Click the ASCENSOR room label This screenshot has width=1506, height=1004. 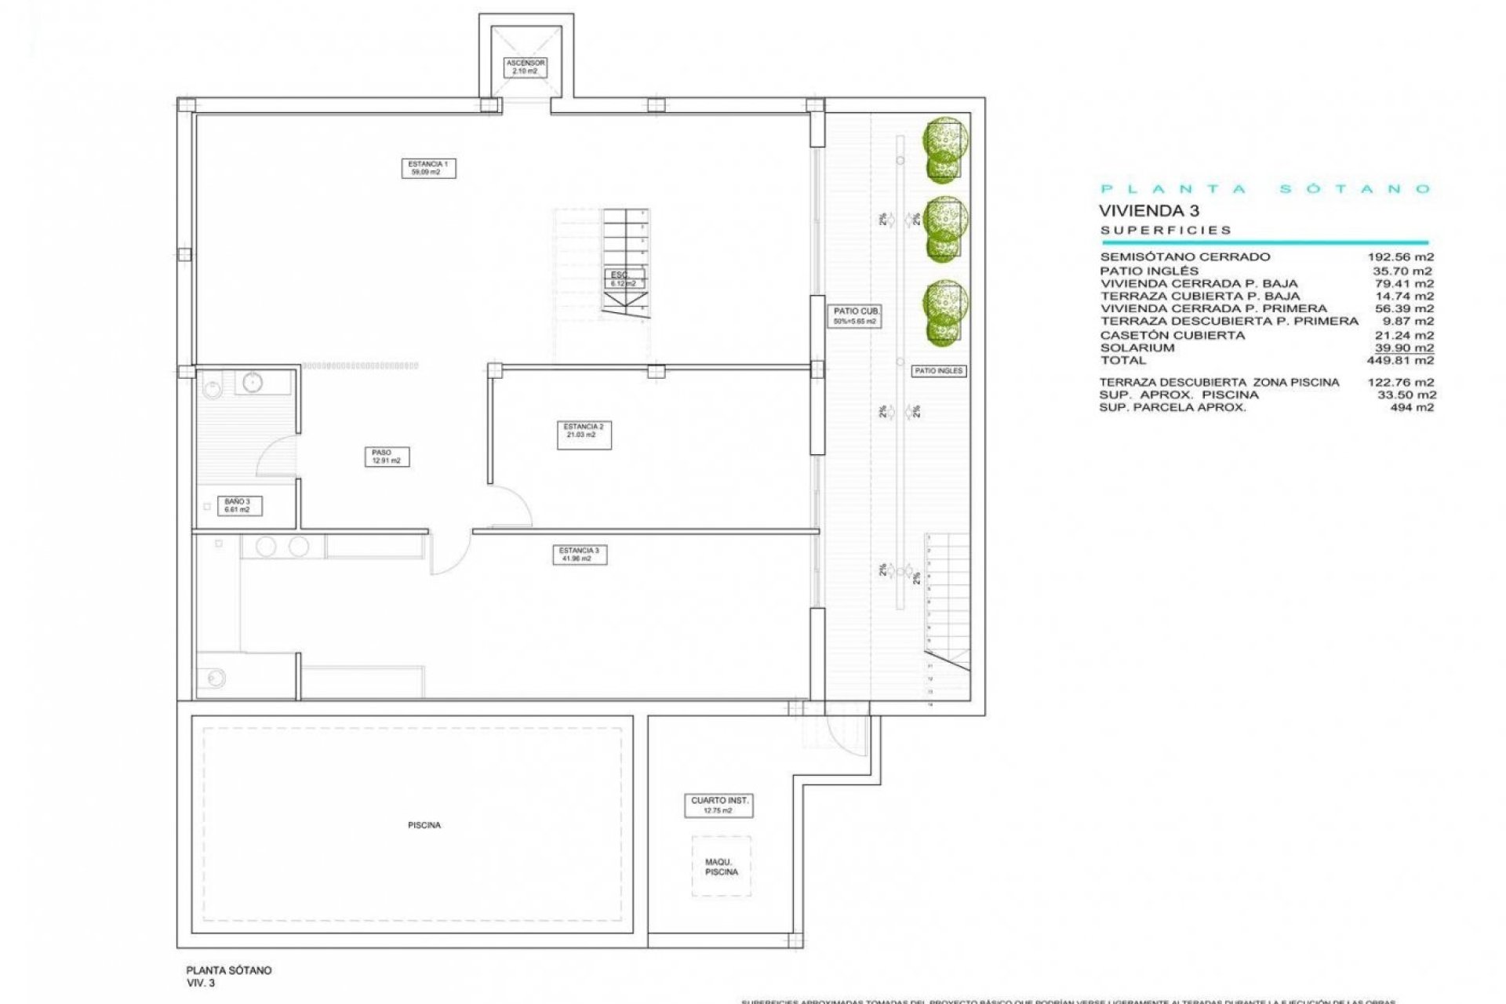pyautogui.click(x=525, y=67)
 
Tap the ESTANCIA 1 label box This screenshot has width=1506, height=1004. pyautogui.click(x=428, y=168)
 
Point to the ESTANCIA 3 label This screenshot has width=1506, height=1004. pyautogui.click(x=579, y=555)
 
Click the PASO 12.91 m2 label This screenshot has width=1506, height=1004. pyautogui.click(x=386, y=457)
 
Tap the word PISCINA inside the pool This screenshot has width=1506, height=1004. pyautogui.click(x=424, y=825)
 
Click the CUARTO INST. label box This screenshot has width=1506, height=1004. pyautogui.click(x=719, y=806)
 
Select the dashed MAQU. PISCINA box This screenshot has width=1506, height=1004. pyautogui.click(x=721, y=867)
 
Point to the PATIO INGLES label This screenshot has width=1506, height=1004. pyautogui.click(x=938, y=371)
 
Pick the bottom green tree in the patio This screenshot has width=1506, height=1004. pyautogui.click(x=944, y=312)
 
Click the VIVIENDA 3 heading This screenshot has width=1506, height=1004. pyautogui.click(x=1148, y=210)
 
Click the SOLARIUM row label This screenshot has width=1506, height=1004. pyautogui.click(x=1137, y=348)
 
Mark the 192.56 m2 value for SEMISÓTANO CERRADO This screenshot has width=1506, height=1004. pyautogui.click(x=1400, y=257)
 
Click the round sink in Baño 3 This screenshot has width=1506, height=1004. pyautogui.click(x=253, y=383)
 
